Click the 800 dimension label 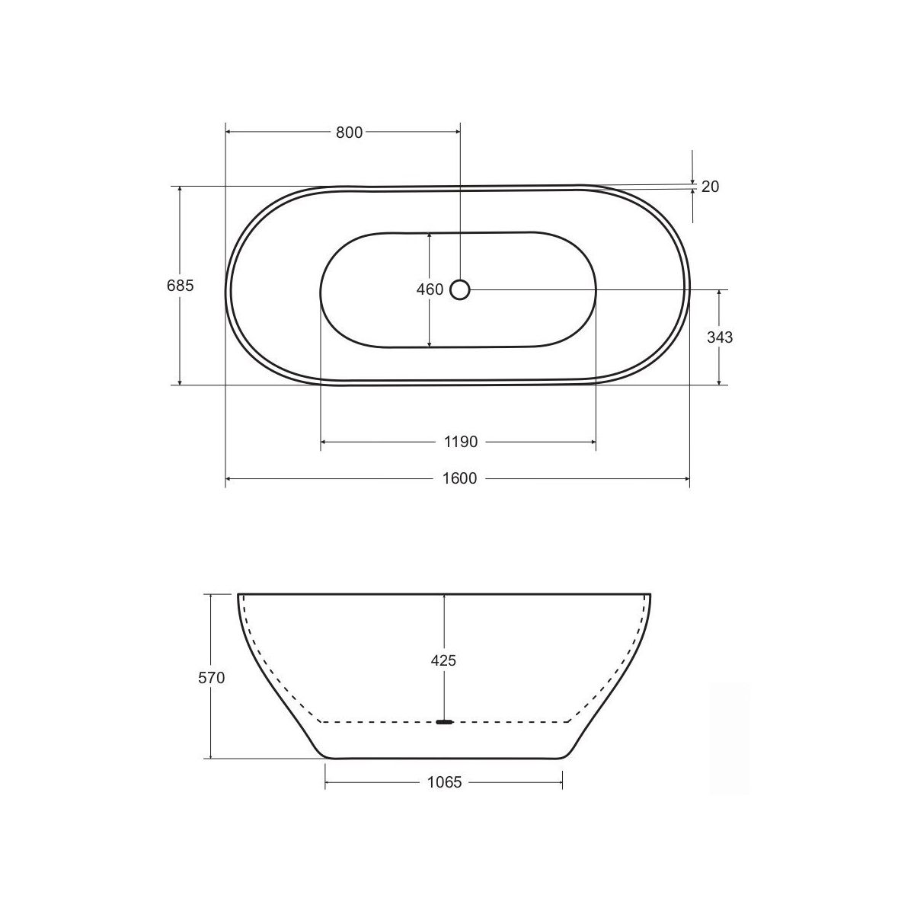(349, 133)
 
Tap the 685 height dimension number (181, 286)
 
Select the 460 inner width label (430, 289)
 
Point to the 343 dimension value (720, 337)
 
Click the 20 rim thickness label (710, 187)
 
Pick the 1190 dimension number (461, 442)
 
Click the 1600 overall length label (459, 478)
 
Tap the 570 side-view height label (212, 679)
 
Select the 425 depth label (443, 660)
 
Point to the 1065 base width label (444, 782)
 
